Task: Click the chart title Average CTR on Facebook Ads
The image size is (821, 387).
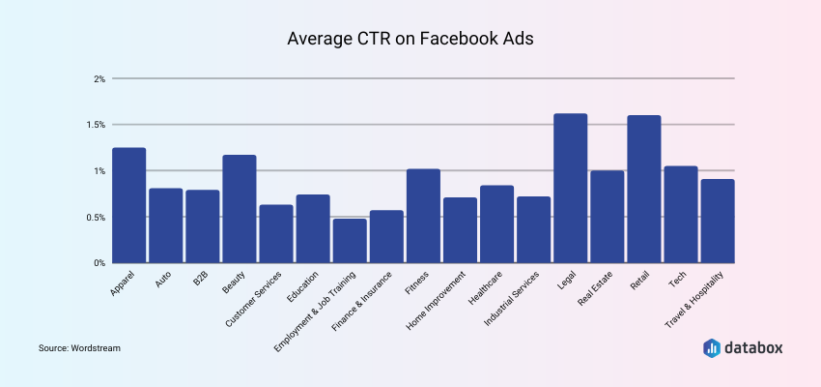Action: [x=410, y=40]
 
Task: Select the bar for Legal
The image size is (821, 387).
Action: [x=570, y=189]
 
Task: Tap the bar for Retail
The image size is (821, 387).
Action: [x=643, y=190]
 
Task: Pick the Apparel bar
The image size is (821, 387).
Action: [x=128, y=205]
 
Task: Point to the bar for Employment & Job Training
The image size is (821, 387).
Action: [x=350, y=241]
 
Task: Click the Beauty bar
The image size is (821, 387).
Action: [x=240, y=209]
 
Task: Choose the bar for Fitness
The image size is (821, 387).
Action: [x=423, y=216]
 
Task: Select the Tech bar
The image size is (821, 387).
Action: [x=680, y=215]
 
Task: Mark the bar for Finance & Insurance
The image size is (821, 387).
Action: [x=386, y=237]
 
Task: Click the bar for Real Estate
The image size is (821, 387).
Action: [x=607, y=217]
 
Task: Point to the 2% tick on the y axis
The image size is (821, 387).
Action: [x=99, y=78]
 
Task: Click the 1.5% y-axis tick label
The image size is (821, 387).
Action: [x=95, y=125]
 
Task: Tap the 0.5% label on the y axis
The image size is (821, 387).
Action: [x=95, y=217]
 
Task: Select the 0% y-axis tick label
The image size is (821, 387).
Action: [x=99, y=263]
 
